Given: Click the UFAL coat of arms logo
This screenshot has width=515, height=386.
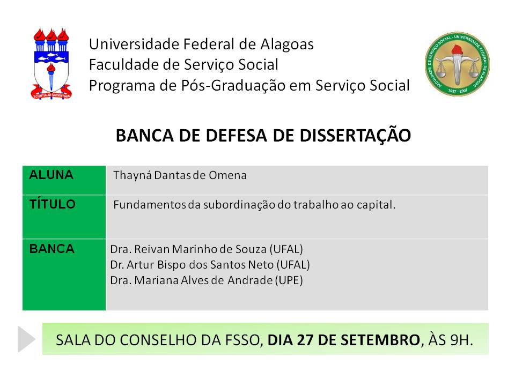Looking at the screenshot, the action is coord(51,64).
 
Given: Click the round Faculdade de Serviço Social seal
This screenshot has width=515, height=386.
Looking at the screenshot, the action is coord(457,64).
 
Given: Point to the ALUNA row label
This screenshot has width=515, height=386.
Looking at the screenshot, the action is coord(51,175).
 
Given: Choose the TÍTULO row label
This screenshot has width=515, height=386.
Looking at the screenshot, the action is coord(53,204).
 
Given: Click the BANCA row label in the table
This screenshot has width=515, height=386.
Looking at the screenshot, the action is coord(52,249).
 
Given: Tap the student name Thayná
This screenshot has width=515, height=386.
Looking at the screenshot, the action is coord(133,176).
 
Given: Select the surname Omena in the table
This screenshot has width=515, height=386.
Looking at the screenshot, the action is coord(227,175).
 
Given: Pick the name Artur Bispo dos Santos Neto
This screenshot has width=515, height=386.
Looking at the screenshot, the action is coord(200,264).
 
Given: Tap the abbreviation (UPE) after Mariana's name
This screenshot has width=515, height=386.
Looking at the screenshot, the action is coord(289,280).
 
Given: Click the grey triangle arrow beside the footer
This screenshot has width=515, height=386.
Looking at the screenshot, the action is coord(26,339).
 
